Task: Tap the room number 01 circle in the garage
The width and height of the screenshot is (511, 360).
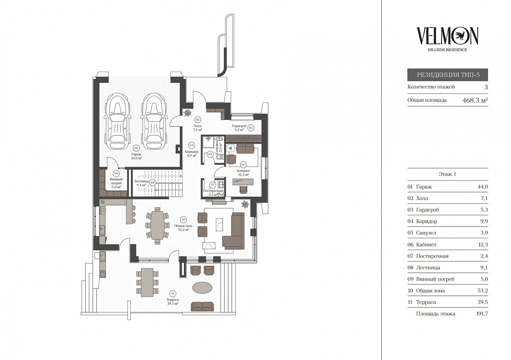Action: pos(136,148)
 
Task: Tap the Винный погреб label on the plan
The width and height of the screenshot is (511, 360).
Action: pos(116,183)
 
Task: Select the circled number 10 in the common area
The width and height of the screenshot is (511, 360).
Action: pos(183,219)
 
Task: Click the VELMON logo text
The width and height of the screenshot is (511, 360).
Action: pos(447,36)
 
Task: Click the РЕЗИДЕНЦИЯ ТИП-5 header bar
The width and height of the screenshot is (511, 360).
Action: pos(447,75)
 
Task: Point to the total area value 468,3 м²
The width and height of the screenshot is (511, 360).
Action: pos(475,100)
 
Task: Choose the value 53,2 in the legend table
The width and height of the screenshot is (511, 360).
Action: pos(482,291)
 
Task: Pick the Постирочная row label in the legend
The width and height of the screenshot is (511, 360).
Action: pos(432,256)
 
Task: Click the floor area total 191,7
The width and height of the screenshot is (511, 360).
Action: pos(482,314)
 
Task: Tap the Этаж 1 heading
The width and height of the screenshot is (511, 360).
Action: pos(447,174)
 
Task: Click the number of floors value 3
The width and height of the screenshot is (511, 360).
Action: pos(486,87)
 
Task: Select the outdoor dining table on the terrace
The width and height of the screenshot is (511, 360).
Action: pos(147,282)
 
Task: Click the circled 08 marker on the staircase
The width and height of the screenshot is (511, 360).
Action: pos(152,182)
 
